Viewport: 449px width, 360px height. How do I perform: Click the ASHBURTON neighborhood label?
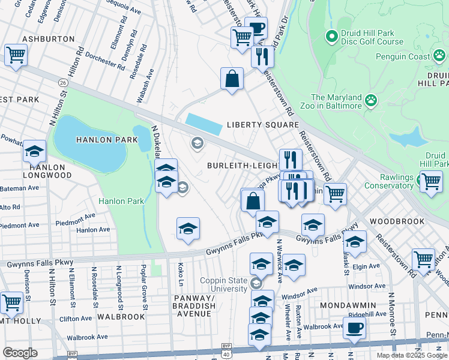tap(49, 39)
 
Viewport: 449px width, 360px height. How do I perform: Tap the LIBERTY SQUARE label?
tap(262, 125)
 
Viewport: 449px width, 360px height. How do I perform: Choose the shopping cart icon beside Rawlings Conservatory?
tap(430, 181)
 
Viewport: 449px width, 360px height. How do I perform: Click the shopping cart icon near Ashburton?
tap(15, 55)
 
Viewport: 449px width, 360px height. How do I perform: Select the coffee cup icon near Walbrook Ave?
tap(354, 328)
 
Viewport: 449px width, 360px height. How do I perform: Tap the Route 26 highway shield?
tap(62, 82)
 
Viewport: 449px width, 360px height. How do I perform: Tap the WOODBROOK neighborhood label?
tap(397, 221)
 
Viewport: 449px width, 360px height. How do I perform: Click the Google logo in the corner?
tap(20, 353)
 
